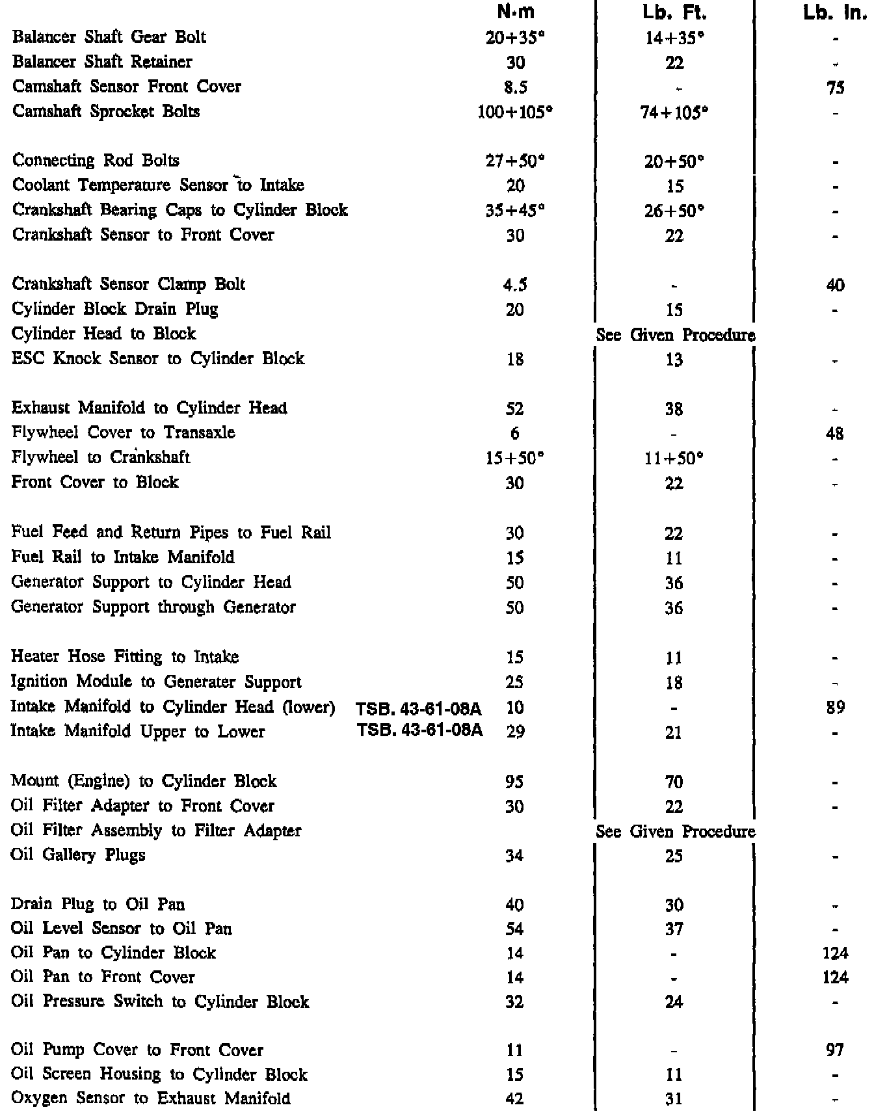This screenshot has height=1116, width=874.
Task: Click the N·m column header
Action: [x=520, y=12]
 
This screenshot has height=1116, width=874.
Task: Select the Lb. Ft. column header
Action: [x=674, y=12]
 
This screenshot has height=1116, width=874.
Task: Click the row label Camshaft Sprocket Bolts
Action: [x=106, y=111]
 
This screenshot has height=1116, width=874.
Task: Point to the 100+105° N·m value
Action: [x=516, y=112]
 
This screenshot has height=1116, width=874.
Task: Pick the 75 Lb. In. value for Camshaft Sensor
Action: [x=836, y=87]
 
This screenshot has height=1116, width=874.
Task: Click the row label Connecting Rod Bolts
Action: [x=96, y=161]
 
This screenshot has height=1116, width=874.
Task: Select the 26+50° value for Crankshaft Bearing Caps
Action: [x=674, y=211]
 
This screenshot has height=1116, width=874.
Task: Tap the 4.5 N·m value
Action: [x=515, y=285]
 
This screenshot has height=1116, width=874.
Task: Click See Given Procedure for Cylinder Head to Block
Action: [x=676, y=335]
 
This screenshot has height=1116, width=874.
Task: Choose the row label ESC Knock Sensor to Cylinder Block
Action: [x=158, y=358]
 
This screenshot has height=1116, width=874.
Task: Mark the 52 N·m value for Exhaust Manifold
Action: [x=515, y=408]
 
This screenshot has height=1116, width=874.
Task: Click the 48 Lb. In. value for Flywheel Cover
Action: [x=836, y=433]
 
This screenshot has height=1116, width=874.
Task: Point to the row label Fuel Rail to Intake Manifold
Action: [x=123, y=557]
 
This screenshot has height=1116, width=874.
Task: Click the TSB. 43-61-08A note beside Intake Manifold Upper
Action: [x=420, y=731]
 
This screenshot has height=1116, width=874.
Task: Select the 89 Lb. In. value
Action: [x=836, y=707]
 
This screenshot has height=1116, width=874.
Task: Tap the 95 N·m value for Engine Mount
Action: [x=515, y=782]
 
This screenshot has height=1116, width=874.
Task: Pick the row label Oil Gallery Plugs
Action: [x=78, y=855]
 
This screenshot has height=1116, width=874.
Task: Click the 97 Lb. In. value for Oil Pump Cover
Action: [x=836, y=1050]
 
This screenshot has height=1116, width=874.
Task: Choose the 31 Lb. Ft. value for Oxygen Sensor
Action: [x=674, y=1099]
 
